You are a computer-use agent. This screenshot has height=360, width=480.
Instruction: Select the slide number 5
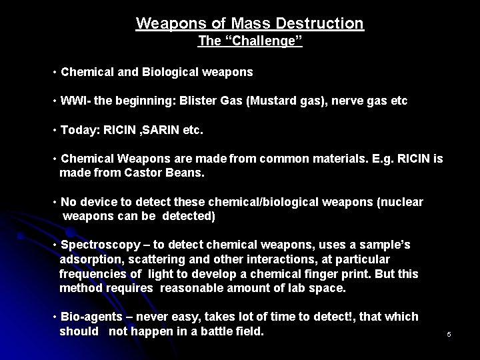coord(449,333)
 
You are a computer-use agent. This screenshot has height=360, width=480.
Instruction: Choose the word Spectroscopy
coord(97,245)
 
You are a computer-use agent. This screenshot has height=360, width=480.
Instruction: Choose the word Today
coord(77,130)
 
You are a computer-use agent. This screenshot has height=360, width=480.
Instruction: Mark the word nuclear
coord(399,202)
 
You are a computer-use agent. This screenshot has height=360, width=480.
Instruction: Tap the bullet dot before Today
coord(54,130)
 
